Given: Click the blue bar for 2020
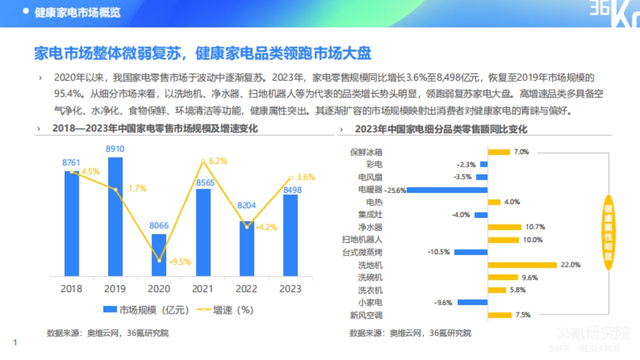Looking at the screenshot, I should pyautogui.click(x=159, y=255).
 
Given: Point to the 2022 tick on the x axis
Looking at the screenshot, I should pyautogui.click(x=246, y=289).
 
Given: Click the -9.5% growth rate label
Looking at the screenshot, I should pyautogui.click(x=180, y=262).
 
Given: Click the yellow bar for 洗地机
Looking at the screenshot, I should pyautogui.click(x=523, y=265).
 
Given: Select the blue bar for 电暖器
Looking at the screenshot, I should pyautogui.click(x=447, y=190).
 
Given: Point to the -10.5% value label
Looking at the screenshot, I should pyautogui.click(x=439, y=252).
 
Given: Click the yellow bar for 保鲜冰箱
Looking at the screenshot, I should pyautogui.click(x=499, y=152).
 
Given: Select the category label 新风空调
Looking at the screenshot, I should pyautogui.click(x=366, y=315).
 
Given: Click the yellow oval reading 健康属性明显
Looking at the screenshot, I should pyautogui.click(x=608, y=233).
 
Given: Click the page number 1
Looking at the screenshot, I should pyautogui.click(x=15, y=342).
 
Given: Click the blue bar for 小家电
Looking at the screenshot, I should pyautogui.click(x=473, y=302).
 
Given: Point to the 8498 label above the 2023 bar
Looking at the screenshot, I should pyautogui.click(x=291, y=190).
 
